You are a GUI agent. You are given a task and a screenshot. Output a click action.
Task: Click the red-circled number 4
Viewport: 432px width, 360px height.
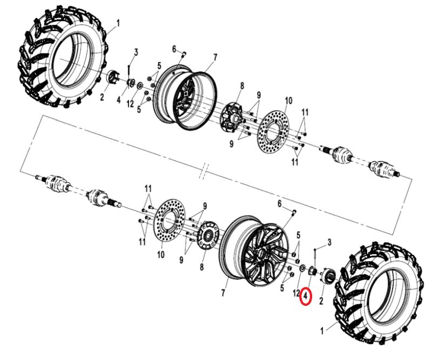pos(306,297)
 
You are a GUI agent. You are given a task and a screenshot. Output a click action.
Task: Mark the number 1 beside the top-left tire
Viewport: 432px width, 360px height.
pos(118,23)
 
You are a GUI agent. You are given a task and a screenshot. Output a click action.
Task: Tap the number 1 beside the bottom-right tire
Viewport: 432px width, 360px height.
pos(324,329)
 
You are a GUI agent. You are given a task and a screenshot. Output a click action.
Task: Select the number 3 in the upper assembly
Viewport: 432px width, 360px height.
pos(136,52)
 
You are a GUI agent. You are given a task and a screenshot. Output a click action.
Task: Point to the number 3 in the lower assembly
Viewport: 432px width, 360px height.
pos(329,242)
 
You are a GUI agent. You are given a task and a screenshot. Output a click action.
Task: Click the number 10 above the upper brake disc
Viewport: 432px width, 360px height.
pos(288,101)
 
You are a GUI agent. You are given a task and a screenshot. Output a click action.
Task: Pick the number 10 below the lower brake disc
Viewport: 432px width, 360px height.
pos(160,254)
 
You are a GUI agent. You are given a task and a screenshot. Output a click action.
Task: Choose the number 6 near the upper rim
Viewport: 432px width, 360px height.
pos(175,49)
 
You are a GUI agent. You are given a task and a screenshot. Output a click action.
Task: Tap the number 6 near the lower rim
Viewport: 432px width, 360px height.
pos(280,203)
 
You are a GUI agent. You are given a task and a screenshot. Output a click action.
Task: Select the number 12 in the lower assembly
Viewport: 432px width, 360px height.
pos(296,293)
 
